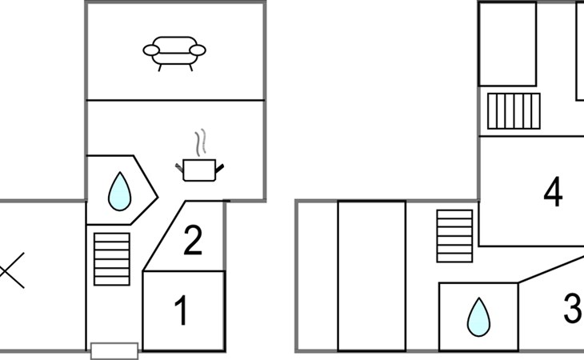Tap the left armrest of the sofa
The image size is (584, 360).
(151, 50)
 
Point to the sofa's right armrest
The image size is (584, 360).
(198, 50)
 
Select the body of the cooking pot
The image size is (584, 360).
(199, 170)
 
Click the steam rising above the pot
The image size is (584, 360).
(200, 142)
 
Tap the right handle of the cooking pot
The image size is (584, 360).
(220, 168)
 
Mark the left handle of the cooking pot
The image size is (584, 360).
(179, 168)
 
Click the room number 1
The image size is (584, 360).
(181, 310)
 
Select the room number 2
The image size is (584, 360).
(193, 241)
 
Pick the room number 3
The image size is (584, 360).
(573, 308)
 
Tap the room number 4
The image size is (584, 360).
(553, 192)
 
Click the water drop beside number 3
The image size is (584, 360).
(478, 317)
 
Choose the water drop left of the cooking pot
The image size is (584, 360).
(119, 191)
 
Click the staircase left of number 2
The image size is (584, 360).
(112, 259)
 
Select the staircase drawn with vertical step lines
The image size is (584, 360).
(514, 111)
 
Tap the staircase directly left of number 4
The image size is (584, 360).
(454, 236)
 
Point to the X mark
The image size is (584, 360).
(11, 270)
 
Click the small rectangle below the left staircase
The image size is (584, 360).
(114, 351)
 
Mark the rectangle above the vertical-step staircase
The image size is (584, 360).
(508, 44)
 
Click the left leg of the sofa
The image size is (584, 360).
(160, 67)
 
